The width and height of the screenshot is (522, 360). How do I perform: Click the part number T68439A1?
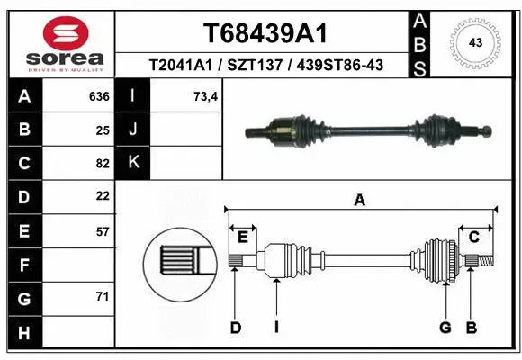(x=265, y=33)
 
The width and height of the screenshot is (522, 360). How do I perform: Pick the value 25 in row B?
(x=103, y=130)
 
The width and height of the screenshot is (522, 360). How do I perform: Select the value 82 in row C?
(x=103, y=164)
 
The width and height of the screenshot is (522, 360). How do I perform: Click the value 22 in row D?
(x=103, y=196)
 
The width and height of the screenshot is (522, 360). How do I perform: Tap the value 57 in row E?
(x=103, y=230)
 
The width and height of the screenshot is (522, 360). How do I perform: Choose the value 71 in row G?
(x=103, y=296)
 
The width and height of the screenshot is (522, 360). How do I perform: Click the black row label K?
(x=133, y=163)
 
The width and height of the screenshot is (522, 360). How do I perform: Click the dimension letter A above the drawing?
(x=360, y=202)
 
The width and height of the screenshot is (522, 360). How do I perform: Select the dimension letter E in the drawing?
(x=242, y=237)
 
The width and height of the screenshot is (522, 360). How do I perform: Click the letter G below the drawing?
(x=445, y=328)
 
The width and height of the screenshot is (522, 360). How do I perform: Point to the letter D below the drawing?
(x=235, y=328)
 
